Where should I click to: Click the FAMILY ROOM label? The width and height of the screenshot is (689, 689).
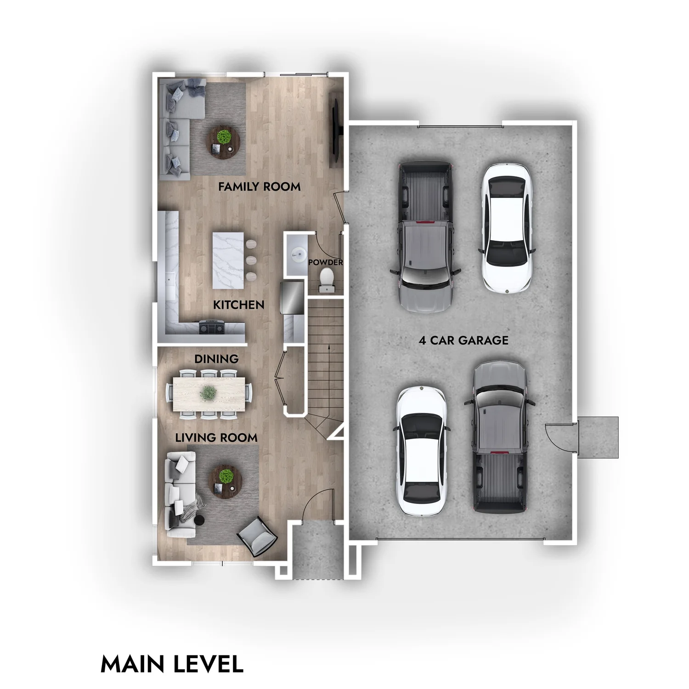259,187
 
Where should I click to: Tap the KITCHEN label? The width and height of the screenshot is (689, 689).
238,305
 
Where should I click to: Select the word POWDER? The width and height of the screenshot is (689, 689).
326,262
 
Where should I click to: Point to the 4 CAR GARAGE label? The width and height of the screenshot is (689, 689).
463,340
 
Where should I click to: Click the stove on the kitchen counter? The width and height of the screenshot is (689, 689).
211,328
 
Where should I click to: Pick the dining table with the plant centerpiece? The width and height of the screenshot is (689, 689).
209,393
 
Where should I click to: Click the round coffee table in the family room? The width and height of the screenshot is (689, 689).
224,140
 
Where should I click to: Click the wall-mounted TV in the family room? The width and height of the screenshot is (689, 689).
336,129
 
